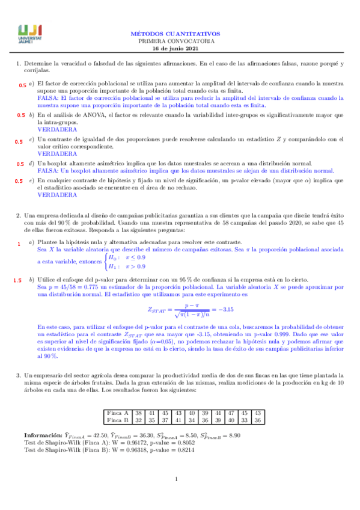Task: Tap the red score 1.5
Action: (x=17, y=280)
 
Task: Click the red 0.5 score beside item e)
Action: (x=19, y=181)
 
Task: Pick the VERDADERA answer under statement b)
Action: (x=53, y=129)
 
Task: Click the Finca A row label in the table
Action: (x=117, y=413)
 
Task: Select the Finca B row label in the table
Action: (x=117, y=420)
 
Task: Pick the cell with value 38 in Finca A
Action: (x=139, y=413)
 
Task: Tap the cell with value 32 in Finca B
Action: (x=139, y=420)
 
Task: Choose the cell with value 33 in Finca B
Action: (x=245, y=420)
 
